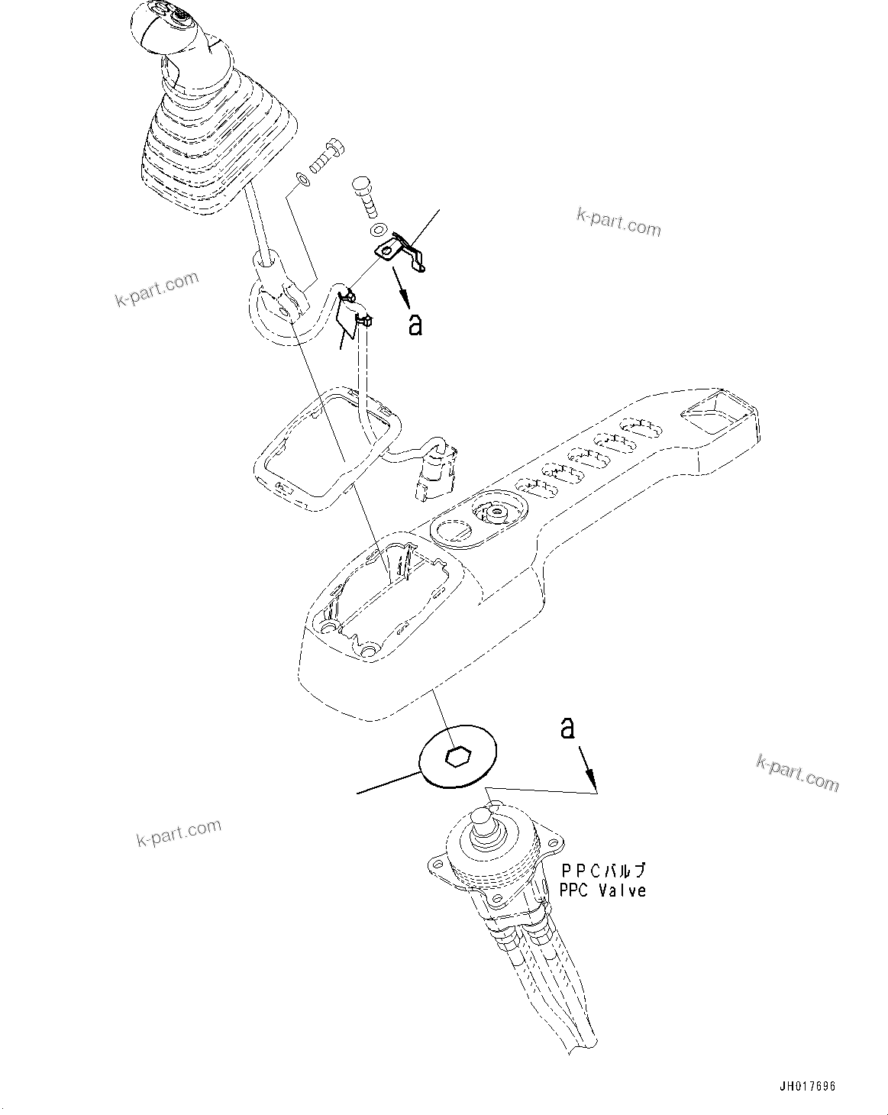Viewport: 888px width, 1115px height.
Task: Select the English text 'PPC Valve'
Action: pos(602,890)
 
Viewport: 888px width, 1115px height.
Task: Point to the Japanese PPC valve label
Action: pos(603,871)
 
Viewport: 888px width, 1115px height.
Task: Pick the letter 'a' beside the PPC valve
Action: pos(567,727)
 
